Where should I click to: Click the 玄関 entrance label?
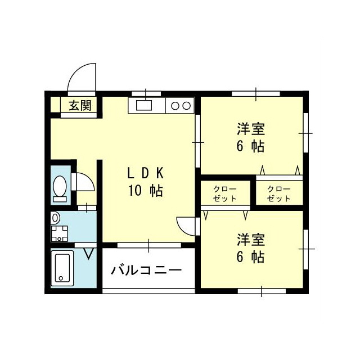80,105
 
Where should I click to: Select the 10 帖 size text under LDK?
145,191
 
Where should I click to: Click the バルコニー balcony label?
146,271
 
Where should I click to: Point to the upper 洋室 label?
250,129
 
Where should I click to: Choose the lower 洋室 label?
250,239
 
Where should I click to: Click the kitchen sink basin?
143,105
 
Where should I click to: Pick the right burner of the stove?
186,105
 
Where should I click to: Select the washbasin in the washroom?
55,217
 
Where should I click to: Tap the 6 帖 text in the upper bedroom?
250,147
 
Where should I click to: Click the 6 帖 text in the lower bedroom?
250,257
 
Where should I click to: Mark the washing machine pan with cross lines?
58,232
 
